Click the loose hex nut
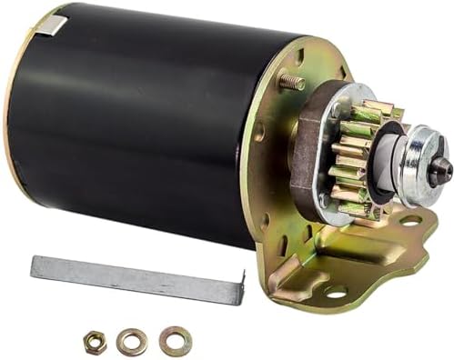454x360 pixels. [x=96, y=342]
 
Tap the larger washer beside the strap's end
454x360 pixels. [x=175, y=341]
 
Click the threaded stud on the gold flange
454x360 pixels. [x=291, y=83]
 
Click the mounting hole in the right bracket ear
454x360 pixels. [x=409, y=219]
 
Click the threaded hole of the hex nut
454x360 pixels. [x=96, y=342]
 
